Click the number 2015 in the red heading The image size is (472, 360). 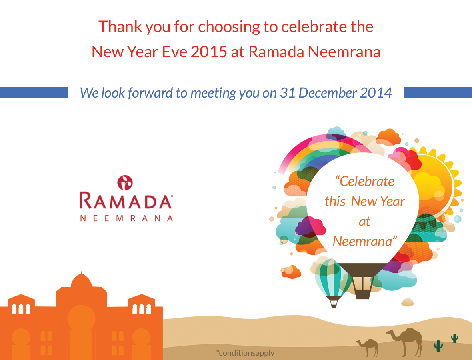pyautogui.click(x=209, y=52)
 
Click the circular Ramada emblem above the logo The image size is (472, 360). pyautogui.click(x=125, y=183)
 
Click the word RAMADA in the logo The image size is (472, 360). pyautogui.click(x=126, y=201)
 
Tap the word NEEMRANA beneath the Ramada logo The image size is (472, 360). pyautogui.click(x=126, y=218)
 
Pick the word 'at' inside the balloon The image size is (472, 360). pyautogui.click(x=364, y=222)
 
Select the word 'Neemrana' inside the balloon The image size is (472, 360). pyautogui.click(x=365, y=241)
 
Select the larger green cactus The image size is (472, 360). pyautogui.click(x=438, y=346)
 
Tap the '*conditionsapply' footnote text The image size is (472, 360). pyautogui.click(x=245, y=353)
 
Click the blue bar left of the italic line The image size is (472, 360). pyautogui.click(x=34, y=92)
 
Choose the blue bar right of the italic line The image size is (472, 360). pyautogui.click(x=438, y=92)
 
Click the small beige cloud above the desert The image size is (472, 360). pyautogui.click(x=408, y=302)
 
